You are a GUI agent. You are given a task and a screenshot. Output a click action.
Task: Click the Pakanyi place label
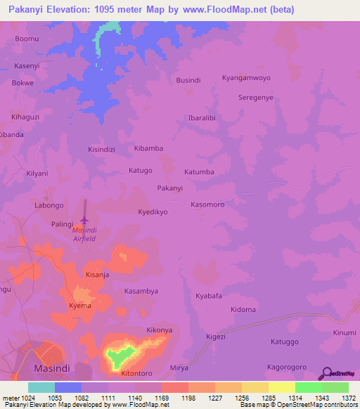point(169,188)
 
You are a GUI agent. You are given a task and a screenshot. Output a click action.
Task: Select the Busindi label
point(188,81)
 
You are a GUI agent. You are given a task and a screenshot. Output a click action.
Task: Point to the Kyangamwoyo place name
point(246,78)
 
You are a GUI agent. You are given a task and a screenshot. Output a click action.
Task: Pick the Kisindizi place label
point(101,150)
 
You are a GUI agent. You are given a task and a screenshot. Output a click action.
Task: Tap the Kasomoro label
point(207,204)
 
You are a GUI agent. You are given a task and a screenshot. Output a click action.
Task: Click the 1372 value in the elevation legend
point(348,398)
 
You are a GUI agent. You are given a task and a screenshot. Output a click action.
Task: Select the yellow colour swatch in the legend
point(281,387)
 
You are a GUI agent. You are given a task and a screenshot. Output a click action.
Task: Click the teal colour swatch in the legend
point(41,387)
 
